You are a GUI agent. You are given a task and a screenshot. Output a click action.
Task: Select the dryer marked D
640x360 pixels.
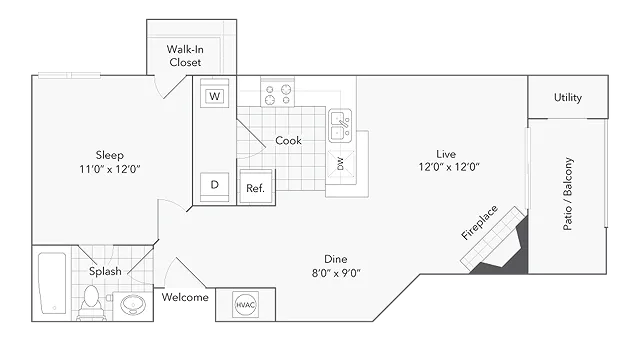214,187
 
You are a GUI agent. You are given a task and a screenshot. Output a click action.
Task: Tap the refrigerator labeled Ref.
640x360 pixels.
256,187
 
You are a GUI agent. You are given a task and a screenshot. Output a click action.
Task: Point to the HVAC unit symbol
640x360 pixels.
245,304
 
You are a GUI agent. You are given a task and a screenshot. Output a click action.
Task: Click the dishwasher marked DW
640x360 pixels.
340,164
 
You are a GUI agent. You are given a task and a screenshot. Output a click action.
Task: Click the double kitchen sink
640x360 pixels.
340,125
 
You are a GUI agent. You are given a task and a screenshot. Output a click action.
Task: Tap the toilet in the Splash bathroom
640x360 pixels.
91,302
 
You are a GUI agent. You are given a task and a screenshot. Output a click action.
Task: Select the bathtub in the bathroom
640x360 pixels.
52,283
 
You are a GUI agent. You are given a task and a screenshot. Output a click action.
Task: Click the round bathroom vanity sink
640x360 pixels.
133,304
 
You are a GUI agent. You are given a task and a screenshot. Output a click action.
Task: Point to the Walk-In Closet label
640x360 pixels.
185,56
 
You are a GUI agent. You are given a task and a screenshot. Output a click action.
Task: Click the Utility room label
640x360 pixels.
568,98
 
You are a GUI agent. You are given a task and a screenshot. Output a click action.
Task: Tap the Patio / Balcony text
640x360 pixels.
568,194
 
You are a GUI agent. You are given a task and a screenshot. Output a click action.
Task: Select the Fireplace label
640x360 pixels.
479,222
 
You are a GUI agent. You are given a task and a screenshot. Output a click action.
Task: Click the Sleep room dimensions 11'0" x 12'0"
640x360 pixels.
110,169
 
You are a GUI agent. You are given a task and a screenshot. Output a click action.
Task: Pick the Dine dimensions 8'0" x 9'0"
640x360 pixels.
336,273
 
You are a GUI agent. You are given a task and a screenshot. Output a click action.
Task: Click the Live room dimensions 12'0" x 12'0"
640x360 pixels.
449,167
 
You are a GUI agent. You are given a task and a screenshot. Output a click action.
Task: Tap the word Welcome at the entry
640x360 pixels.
185,297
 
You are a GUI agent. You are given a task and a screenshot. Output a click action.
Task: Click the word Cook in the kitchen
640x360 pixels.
288,140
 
